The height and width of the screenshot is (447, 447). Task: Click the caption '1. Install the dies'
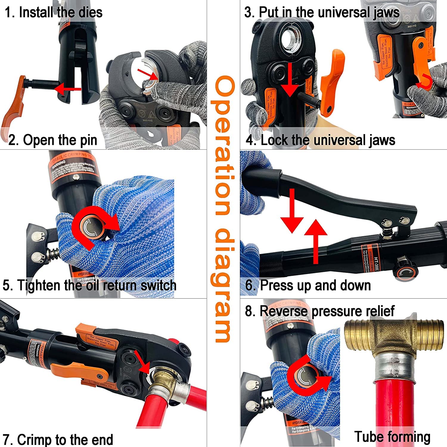(54, 13)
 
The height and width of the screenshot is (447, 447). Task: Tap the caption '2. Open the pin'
(53, 140)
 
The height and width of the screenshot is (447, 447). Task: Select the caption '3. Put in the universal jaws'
(322, 13)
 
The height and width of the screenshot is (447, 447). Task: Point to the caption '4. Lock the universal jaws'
(321, 140)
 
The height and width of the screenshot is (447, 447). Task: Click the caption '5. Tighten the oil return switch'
(89, 285)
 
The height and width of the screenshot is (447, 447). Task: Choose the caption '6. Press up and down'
(308, 285)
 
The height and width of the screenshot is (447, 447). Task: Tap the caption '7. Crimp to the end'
(58, 440)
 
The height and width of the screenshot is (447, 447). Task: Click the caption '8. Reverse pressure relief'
(319, 311)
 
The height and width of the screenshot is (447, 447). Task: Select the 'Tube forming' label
(392, 437)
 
